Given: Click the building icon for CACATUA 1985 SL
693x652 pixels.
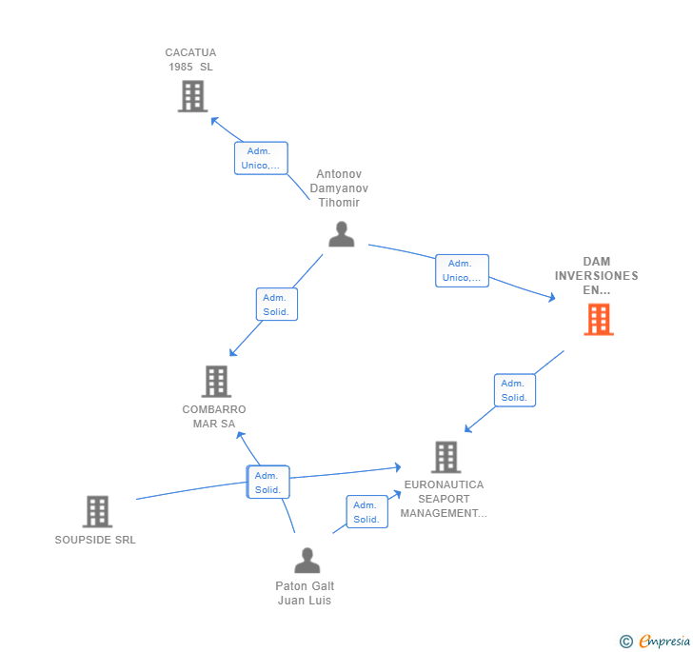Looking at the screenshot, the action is coord(192,96).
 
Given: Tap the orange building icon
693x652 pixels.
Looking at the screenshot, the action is coord(599,320).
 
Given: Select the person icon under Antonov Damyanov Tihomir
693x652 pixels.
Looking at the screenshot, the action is coord(341,234).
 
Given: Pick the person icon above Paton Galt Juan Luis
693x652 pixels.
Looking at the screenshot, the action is coord(307,560).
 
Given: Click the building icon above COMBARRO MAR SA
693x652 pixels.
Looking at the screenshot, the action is coord(216,382).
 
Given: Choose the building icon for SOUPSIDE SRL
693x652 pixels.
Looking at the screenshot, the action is coord(97,511).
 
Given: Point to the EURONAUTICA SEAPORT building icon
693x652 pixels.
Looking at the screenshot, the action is coord(445,457).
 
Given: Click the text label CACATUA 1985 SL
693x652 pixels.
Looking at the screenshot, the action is coord(190,60).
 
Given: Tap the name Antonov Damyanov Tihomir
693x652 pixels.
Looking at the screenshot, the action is coord(339,188).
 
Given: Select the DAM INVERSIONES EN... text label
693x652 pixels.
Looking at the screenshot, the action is coord(597,276).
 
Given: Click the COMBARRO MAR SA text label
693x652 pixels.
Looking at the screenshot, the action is coord(214,417).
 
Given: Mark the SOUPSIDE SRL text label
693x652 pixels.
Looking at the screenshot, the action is coord(95,540).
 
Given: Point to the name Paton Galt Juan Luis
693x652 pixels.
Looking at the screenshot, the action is coord(305,593).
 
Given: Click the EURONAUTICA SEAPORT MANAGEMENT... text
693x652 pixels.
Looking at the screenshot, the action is coord(444,499).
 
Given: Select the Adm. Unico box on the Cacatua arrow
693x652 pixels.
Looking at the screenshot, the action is coord(261,158).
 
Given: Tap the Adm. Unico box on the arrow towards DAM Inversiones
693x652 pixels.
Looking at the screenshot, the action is coord(462,270).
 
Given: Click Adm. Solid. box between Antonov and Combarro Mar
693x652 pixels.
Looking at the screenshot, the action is coord(276,305).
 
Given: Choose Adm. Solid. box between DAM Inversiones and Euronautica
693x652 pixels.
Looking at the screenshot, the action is coord(515,390).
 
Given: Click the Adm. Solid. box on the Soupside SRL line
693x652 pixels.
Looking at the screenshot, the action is coord(267,483).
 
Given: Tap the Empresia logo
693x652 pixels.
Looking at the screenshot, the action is coord(655,641).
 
